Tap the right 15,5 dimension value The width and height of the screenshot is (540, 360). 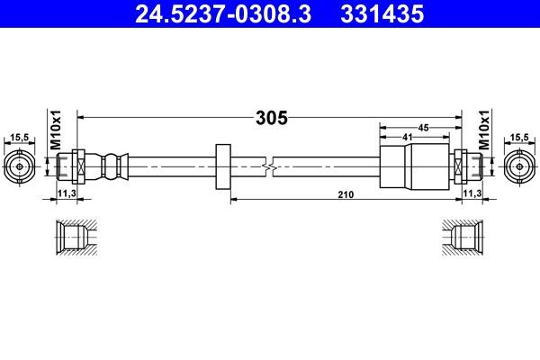coord(519,137)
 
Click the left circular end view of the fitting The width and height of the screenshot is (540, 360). coord(19,166)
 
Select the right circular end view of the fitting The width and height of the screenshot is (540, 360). coord(519,166)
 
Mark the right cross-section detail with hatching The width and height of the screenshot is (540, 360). coord(464,238)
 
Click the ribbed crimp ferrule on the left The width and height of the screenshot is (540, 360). coord(109,166)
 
